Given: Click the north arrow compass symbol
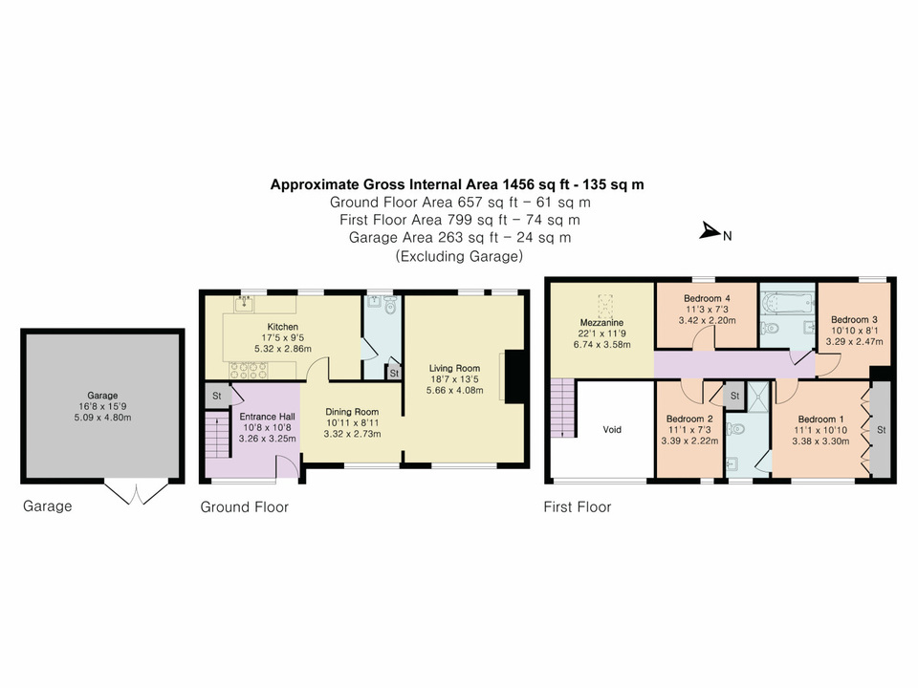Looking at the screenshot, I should click(x=710, y=231).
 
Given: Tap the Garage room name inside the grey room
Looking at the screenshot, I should click(x=102, y=395).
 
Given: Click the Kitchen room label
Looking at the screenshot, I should click(x=275, y=327).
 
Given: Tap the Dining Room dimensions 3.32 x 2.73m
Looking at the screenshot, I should click(x=352, y=434).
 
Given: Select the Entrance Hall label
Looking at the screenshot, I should click(x=267, y=418).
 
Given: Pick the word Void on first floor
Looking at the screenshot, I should click(x=612, y=430).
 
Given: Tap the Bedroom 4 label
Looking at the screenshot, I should click(x=707, y=298).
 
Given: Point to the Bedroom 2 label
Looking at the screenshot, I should click(x=689, y=419).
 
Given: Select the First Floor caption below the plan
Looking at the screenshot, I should click(x=577, y=507).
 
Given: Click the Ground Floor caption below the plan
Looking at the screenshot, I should click(x=244, y=507).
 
